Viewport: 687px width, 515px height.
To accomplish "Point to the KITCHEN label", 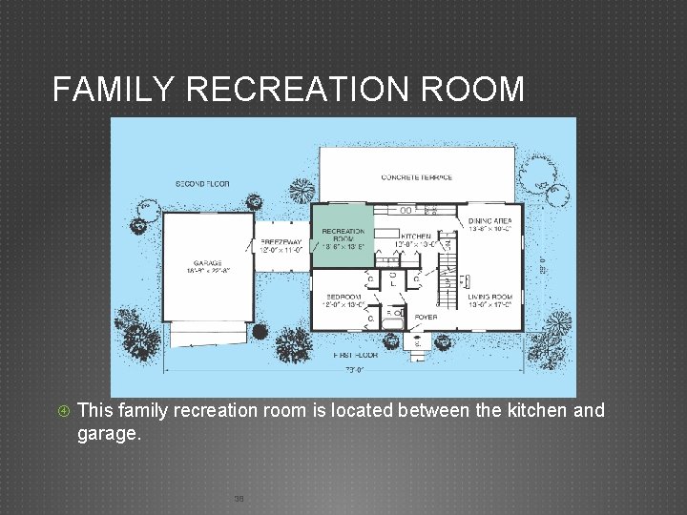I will (415, 237).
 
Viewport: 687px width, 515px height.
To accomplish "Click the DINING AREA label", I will (489, 221).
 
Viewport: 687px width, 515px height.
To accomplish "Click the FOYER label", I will (425, 318).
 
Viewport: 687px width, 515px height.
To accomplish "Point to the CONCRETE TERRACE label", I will (417, 177).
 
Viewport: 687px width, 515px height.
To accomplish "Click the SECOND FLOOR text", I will (202, 182).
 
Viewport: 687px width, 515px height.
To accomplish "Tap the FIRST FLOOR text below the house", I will (355, 355).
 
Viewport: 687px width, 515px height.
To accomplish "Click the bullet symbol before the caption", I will (62, 411).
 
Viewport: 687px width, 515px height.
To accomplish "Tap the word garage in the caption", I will (108, 433).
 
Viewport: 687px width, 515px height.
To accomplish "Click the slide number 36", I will (239, 499).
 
